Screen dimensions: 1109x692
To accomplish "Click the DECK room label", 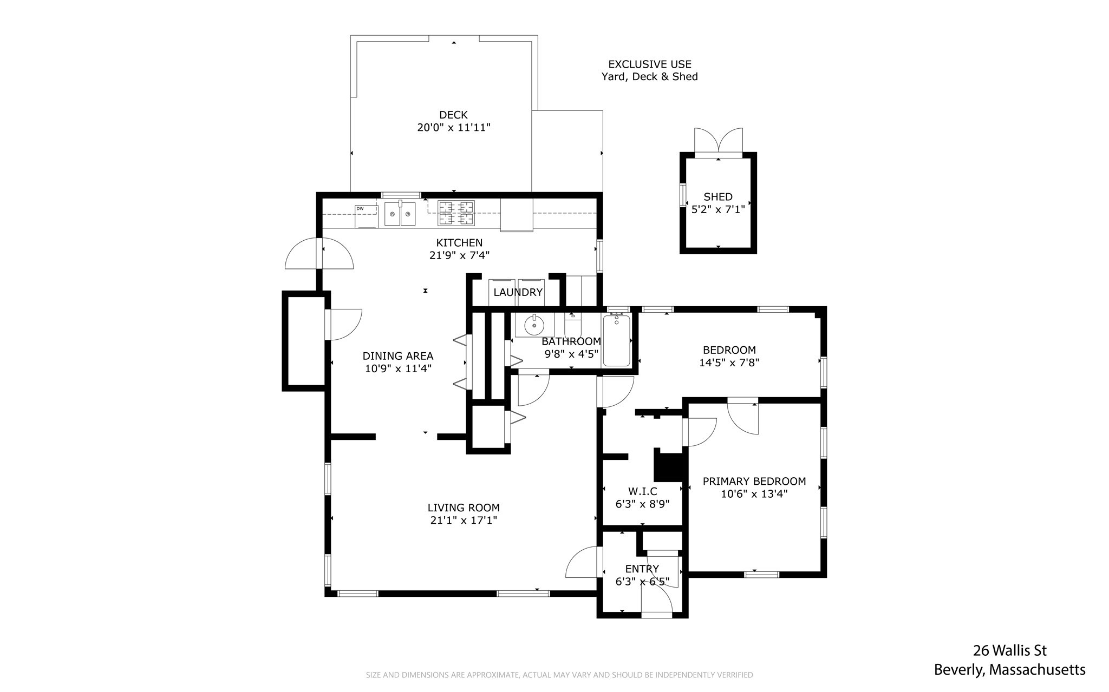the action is tap(454, 115).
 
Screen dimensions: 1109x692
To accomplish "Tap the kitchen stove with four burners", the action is tap(456, 213).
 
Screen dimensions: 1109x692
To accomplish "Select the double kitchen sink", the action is tap(400, 213).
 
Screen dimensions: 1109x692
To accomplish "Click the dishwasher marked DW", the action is tap(367, 216).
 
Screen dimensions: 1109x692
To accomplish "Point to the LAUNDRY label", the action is tap(518, 293).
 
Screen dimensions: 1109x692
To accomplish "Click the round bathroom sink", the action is tap(534, 325).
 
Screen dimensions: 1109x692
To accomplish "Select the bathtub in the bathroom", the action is tap(617, 341).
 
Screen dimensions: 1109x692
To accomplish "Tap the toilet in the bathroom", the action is tap(573, 325).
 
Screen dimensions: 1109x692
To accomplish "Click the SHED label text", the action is tap(718, 197).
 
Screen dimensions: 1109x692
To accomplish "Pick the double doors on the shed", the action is tap(719, 142).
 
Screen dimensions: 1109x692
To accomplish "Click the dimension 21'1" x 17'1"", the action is tap(464, 520).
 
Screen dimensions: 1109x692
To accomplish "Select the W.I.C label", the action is tap(643, 491).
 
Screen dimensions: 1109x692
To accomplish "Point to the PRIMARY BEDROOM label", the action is tap(754, 481).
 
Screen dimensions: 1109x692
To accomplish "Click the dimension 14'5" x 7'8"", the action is tap(729, 363).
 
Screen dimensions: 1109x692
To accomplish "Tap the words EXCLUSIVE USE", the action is tap(650, 64).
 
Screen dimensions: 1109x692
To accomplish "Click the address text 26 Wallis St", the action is tap(1010, 650).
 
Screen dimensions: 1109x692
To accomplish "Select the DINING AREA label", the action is tap(398, 356).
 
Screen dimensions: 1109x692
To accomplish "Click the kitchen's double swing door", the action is tap(319, 254).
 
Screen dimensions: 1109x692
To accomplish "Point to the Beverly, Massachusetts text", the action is tap(1010, 670).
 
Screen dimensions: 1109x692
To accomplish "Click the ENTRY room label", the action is tap(642, 569).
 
